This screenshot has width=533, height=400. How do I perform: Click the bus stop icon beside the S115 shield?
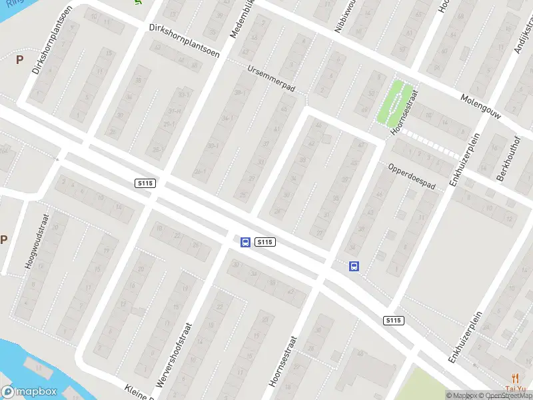[x=245, y=242]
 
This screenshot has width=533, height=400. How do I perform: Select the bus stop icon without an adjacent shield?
[x=354, y=266]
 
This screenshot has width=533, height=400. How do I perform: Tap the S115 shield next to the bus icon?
[x=265, y=242]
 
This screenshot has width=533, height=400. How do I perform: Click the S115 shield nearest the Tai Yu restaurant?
[x=394, y=321]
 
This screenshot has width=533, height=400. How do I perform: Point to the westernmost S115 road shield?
[x=144, y=183]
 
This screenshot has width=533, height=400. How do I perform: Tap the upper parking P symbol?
[x=19, y=59]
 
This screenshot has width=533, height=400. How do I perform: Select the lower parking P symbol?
[x=3, y=240]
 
